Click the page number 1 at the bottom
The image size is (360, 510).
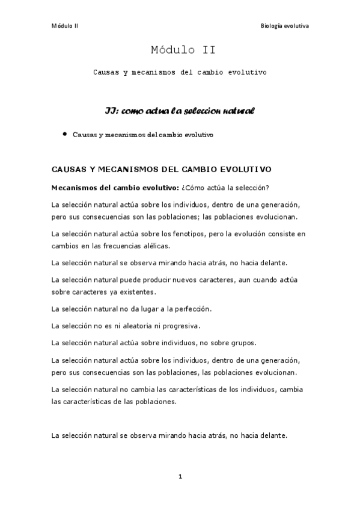[180, 477]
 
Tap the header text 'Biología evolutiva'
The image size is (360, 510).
[284, 26]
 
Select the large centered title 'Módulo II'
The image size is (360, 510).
[179, 51]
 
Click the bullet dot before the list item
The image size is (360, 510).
[64, 134]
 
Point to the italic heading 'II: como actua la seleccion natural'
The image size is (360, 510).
[180, 111]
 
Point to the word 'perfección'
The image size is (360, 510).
[192, 309]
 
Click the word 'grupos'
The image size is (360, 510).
[242, 343]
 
